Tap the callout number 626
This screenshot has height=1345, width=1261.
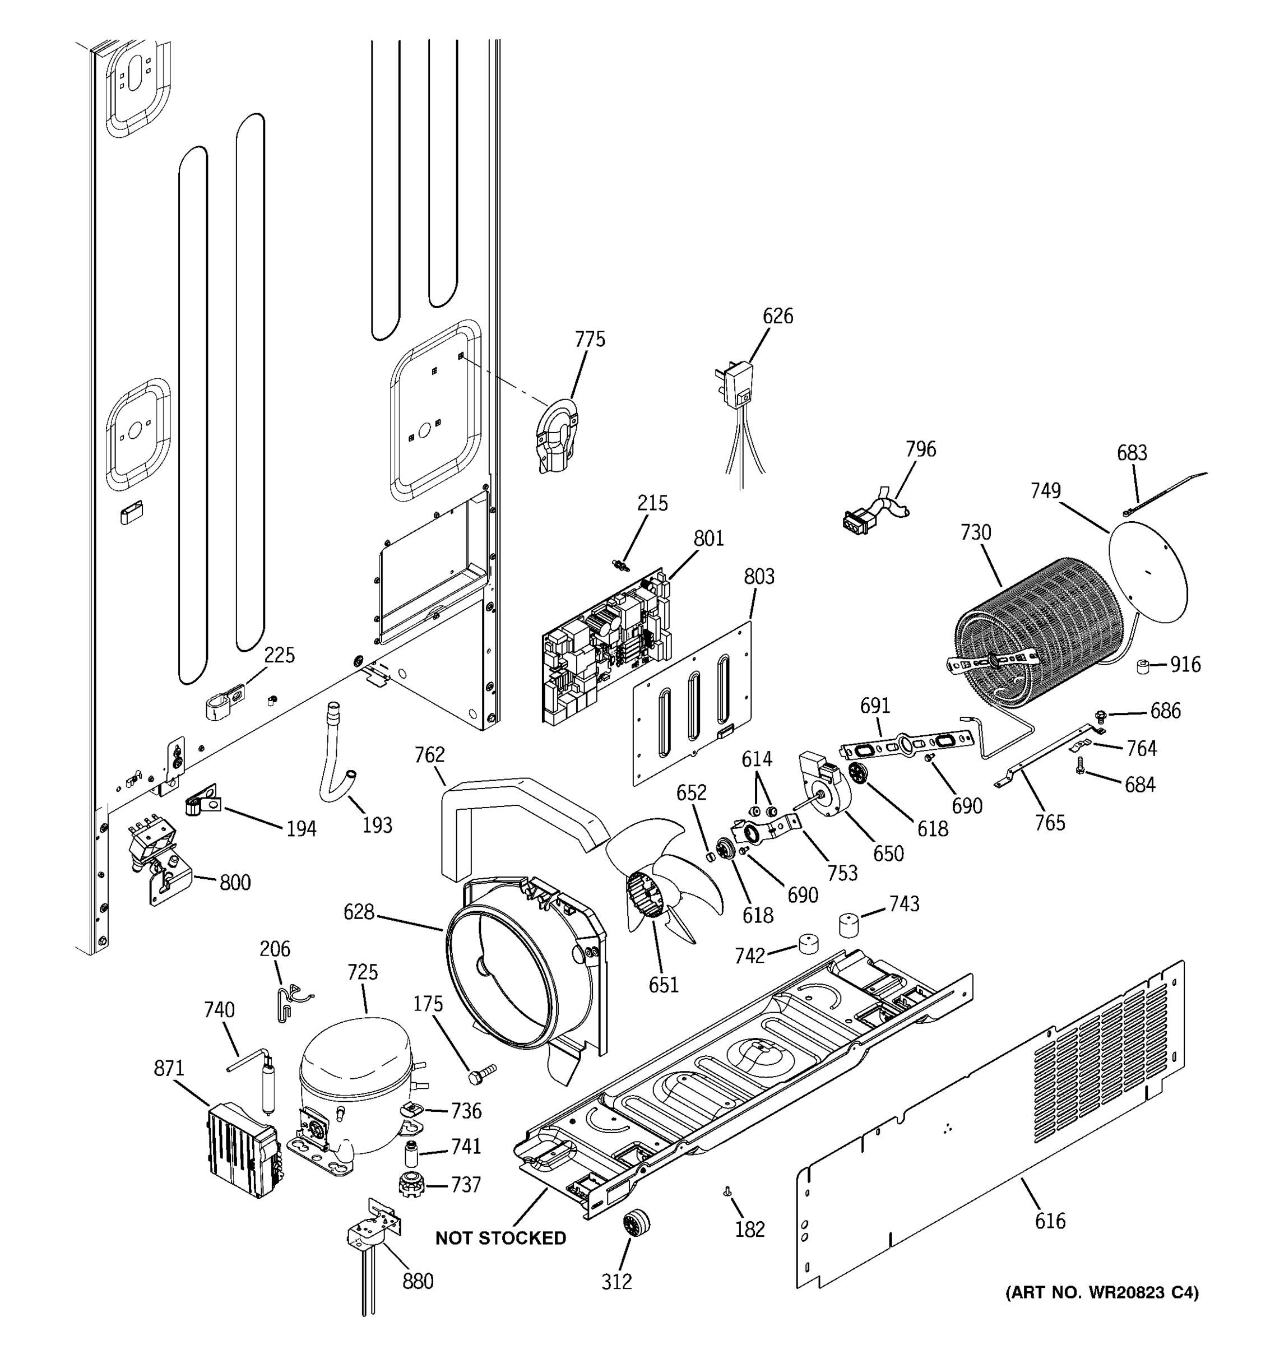point(777,316)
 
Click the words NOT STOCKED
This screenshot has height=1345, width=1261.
point(500,1238)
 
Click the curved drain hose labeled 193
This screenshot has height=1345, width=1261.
point(336,755)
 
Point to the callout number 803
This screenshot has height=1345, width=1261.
point(759,577)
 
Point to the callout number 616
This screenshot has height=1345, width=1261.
point(1049,1221)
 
